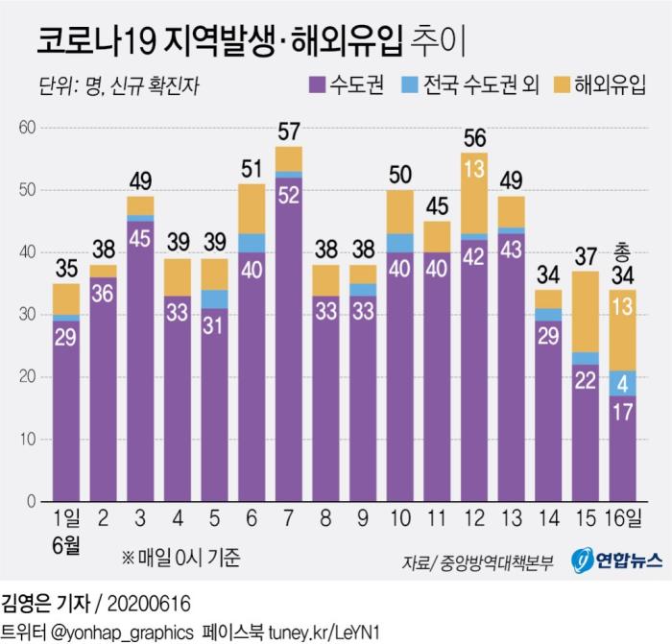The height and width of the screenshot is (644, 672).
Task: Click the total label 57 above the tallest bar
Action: click(288, 131)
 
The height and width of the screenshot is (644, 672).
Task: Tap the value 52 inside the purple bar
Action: click(288, 193)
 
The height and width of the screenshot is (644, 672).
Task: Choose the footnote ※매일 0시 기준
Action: click(180, 557)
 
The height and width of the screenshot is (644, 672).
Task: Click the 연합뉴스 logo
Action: click(613, 560)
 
